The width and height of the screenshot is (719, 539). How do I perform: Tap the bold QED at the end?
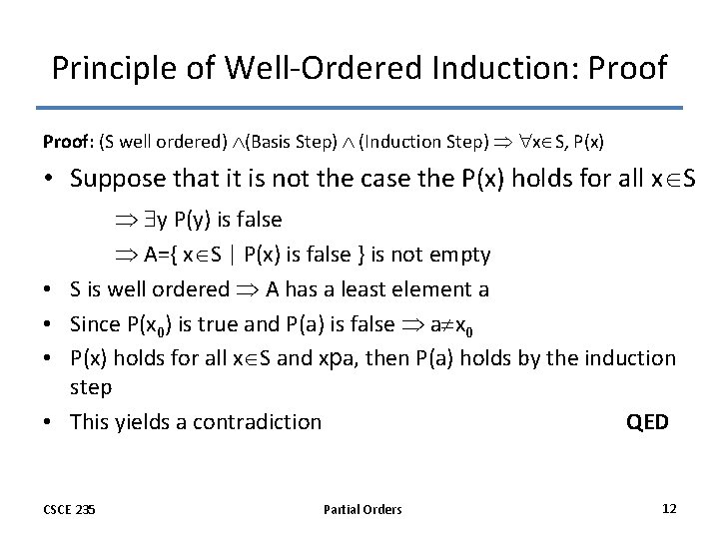[x=647, y=421]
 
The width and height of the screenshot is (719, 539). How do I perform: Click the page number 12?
[x=669, y=508]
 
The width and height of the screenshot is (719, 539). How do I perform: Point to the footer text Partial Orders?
[x=362, y=509]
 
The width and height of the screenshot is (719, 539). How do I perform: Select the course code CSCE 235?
[x=70, y=509]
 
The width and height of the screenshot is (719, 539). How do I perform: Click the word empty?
[x=461, y=254]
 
